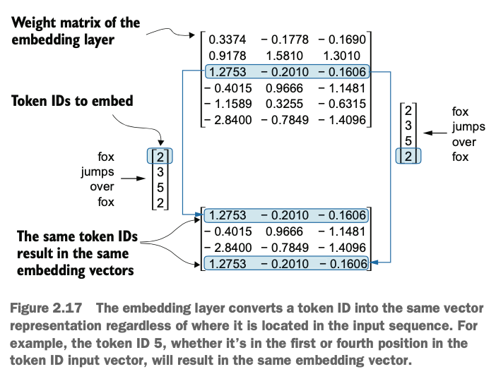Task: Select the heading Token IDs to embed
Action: click(72, 102)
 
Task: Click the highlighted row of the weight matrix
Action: click(285, 72)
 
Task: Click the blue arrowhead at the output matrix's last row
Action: click(375, 264)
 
